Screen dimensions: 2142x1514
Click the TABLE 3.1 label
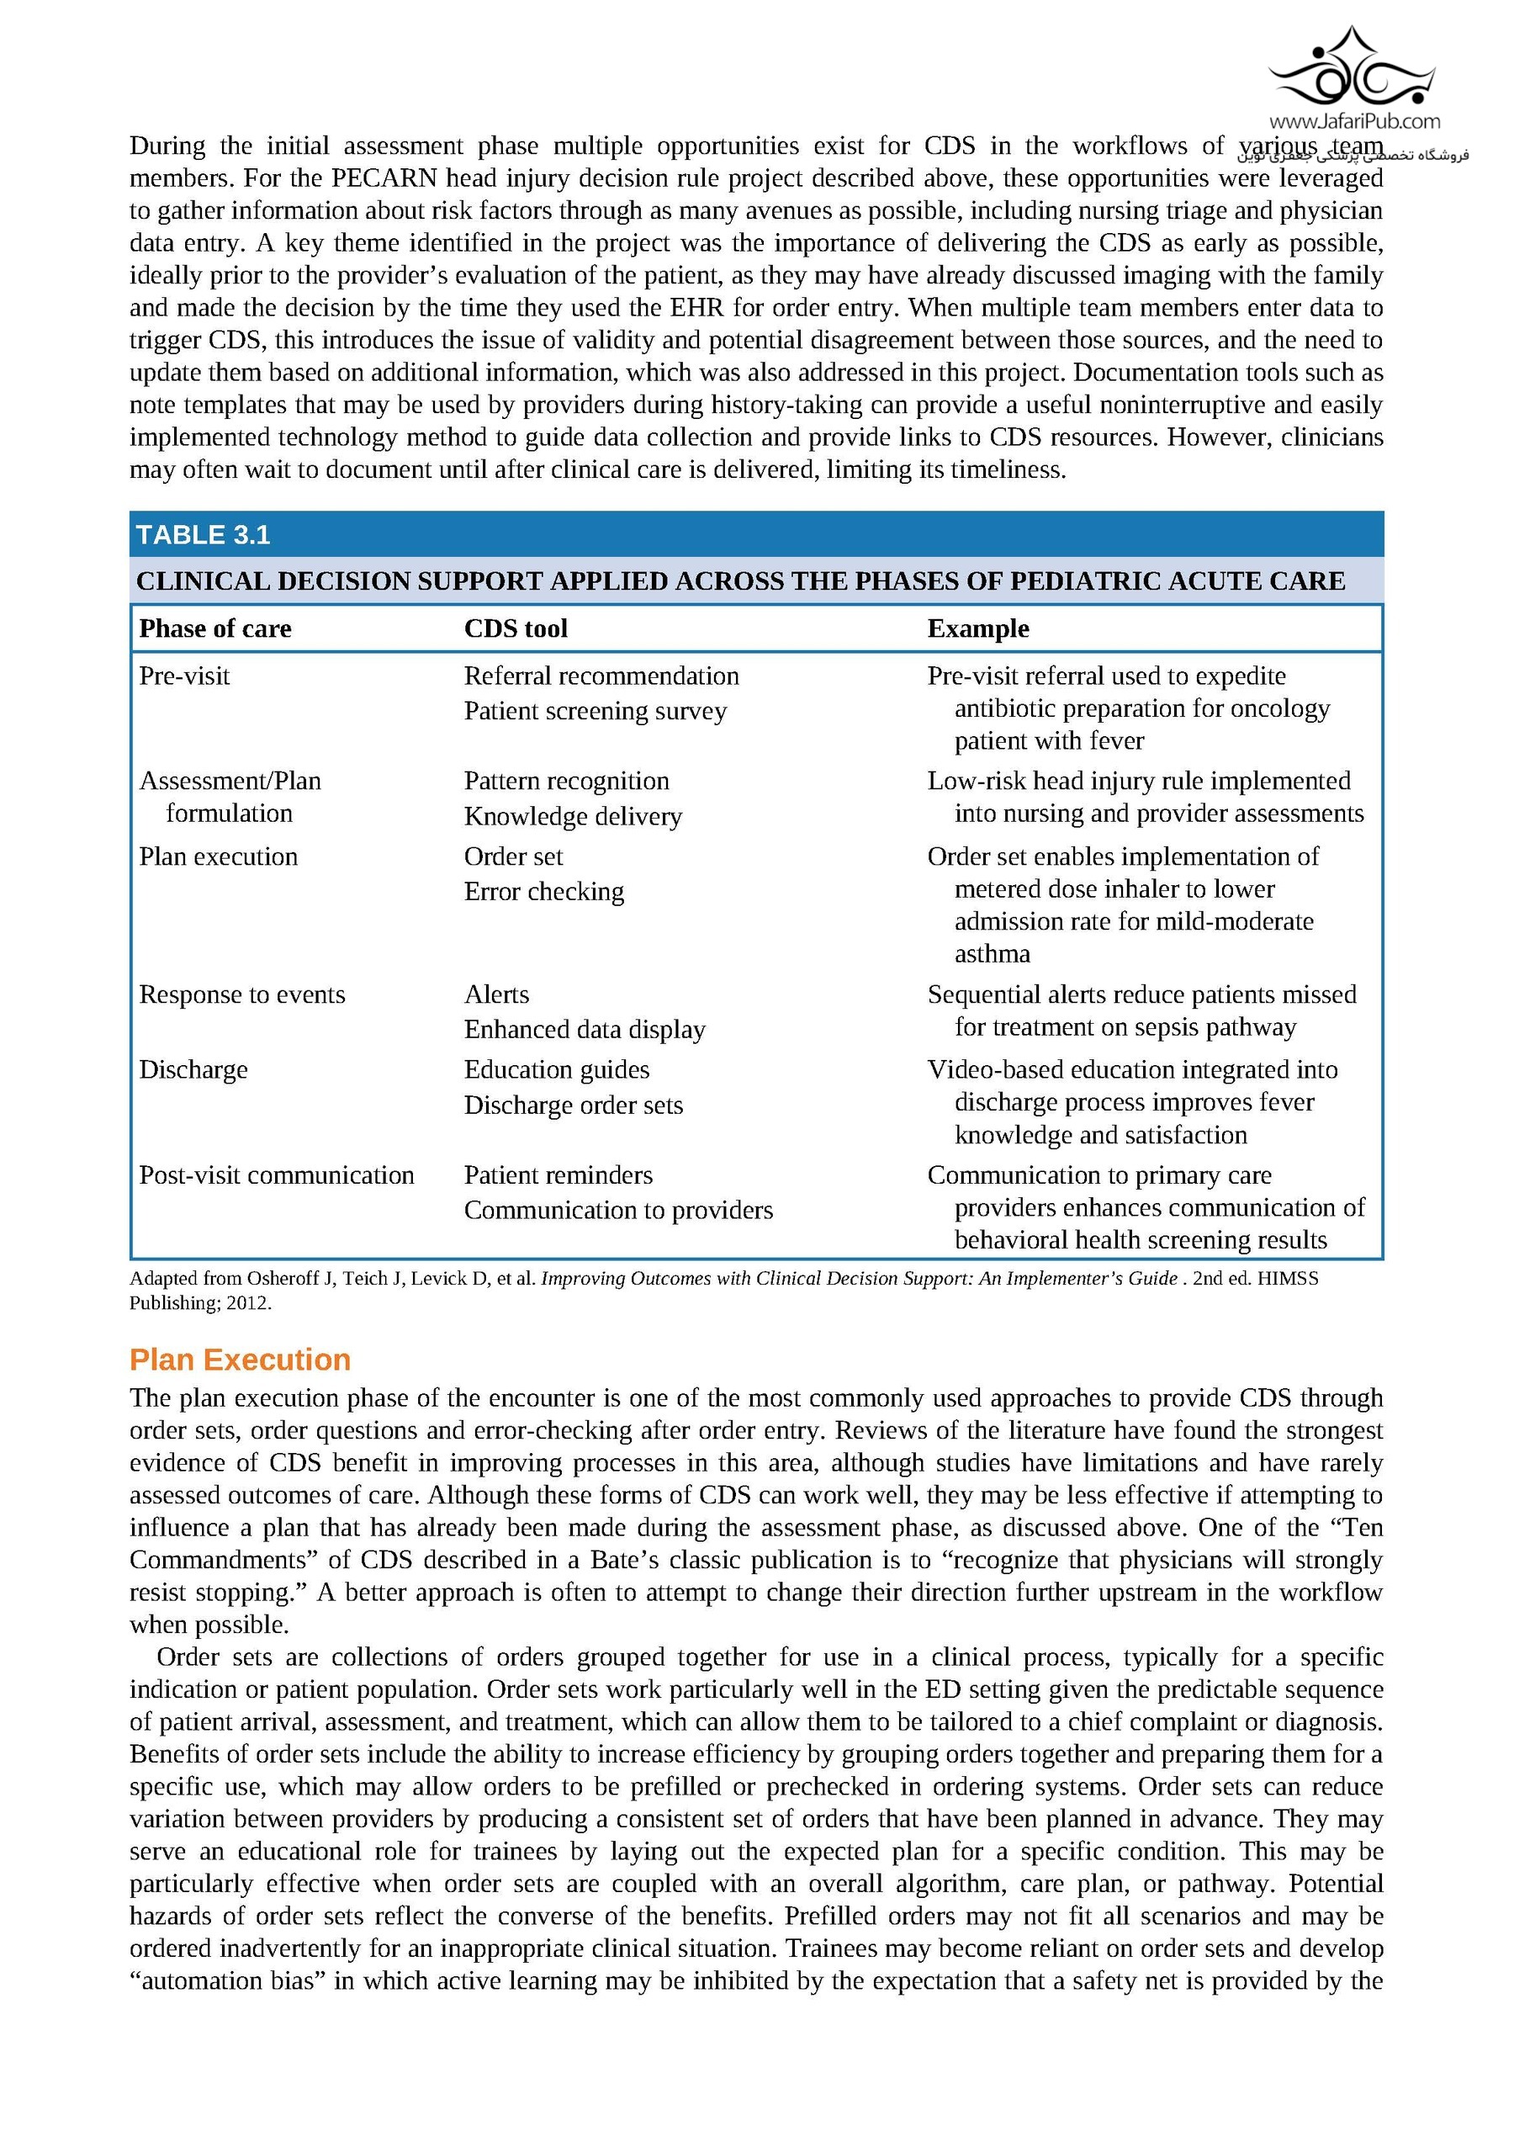click(203, 534)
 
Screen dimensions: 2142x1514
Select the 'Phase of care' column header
click(214, 628)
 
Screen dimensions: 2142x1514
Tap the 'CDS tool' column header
click(516, 628)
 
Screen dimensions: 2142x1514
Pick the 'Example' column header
click(977, 628)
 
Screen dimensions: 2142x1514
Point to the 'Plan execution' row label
click(219, 856)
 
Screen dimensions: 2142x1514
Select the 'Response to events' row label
click(241, 994)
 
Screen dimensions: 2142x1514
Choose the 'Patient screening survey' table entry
click(596, 711)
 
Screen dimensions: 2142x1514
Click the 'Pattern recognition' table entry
click(566, 781)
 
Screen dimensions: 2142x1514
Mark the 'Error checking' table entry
click(544, 892)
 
